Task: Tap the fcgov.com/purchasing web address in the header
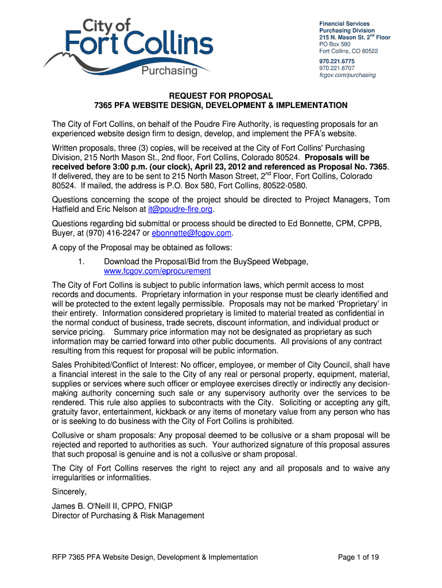click(x=347, y=75)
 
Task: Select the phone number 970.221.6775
click(x=337, y=61)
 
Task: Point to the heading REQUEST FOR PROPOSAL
click(x=220, y=95)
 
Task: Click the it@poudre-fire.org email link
click(x=180, y=210)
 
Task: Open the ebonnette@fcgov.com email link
click(x=192, y=233)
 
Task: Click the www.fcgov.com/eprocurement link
click(x=157, y=271)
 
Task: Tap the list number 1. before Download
click(x=82, y=262)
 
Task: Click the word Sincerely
click(x=69, y=492)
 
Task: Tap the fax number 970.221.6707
click(x=337, y=68)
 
